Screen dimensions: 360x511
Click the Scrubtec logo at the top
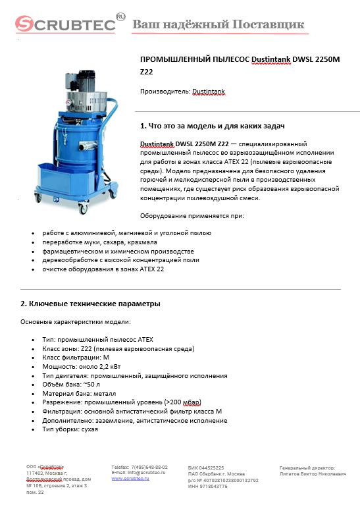click(66, 24)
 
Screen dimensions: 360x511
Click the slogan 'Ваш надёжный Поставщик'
click(219, 24)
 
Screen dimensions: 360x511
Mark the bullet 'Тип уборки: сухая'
click(70, 429)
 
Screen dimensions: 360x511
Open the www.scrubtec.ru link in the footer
click(130, 478)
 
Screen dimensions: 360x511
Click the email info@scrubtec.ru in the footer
click(138, 472)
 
